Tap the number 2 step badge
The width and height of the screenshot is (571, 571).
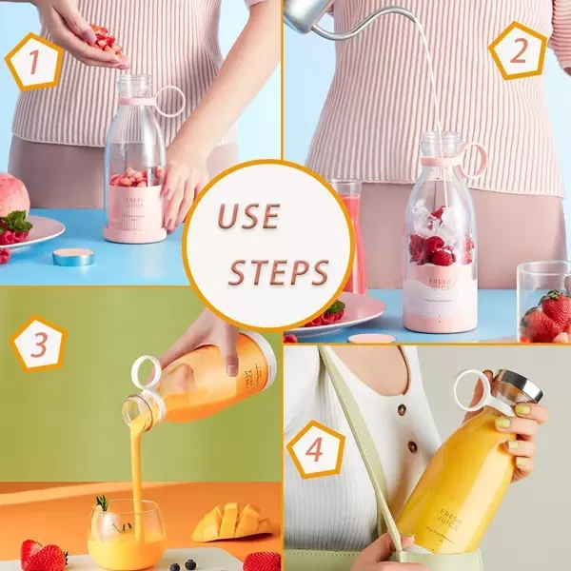coord(518,49)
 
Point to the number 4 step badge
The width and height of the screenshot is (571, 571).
coord(314,448)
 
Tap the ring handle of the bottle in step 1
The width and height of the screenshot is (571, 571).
coord(171,100)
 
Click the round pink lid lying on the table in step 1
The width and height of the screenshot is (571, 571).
coord(73,257)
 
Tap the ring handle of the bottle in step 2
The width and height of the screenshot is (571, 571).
coord(472,159)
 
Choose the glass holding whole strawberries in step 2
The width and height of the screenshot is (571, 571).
coord(544,303)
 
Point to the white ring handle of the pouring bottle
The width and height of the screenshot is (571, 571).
coord(146,372)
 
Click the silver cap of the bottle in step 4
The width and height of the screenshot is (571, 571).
coord(518,385)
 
